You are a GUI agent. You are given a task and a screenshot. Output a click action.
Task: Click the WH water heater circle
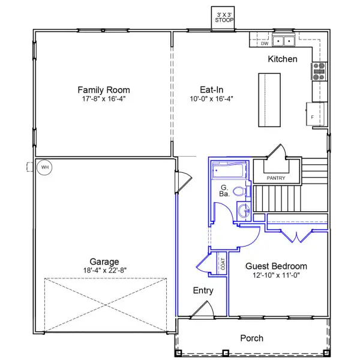[44, 167]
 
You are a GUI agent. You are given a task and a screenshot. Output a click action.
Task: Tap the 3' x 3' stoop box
[223, 17]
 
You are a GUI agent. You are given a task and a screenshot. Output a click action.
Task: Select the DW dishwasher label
[265, 43]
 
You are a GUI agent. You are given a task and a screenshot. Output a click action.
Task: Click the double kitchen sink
[284, 41]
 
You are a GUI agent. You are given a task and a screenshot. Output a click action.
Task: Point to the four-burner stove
[319, 71]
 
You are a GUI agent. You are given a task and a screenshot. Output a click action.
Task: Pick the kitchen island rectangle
[269, 100]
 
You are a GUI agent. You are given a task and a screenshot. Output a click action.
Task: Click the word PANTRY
[276, 178]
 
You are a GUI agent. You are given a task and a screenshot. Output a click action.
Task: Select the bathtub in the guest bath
[229, 170]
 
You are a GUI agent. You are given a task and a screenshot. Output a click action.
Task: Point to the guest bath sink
[244, 211]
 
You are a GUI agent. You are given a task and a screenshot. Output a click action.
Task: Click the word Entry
[203, 290]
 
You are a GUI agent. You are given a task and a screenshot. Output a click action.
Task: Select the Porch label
[251, 338]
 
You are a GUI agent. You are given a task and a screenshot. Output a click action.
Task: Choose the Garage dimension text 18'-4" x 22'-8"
[105, 271]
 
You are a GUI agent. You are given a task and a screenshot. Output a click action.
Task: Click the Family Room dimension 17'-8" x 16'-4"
[104, 99]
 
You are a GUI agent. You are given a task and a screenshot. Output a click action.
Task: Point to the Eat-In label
[211, 89]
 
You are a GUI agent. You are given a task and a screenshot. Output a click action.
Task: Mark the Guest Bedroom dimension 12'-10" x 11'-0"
[276, 275]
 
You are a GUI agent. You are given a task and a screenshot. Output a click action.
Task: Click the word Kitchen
[283, 59]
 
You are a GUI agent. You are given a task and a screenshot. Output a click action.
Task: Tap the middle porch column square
[226, 353]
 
